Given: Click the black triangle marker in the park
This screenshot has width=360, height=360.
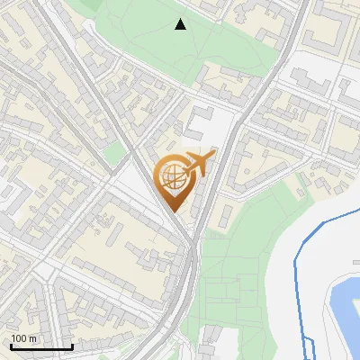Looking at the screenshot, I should (x=181, y=24).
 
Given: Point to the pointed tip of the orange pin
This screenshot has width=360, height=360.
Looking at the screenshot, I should (x=173, y=211).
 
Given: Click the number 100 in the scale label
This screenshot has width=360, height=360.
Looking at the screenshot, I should (x=19, y=338).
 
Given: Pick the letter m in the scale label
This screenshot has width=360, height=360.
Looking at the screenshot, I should (x=32, y=338).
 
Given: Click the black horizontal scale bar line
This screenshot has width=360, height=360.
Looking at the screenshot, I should (x=41, y=346).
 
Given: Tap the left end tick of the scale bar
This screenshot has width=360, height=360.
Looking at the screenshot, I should (x=11, y=345).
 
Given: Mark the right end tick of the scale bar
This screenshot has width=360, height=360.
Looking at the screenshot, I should (x=72, y=345).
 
